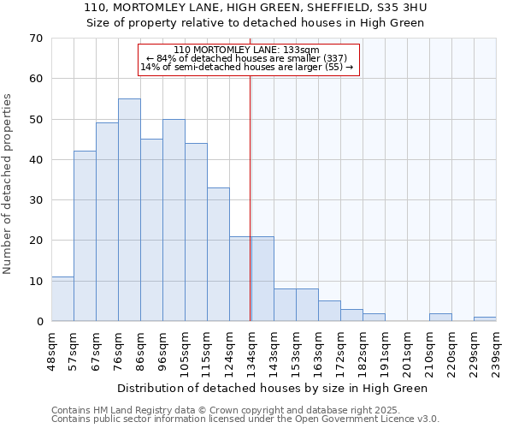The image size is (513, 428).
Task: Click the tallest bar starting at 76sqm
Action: click(129, 210)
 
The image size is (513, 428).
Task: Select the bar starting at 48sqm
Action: click(62, 299)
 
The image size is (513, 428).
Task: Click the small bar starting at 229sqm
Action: click(485, 318)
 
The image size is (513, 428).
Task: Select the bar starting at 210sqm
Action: click(440, 317)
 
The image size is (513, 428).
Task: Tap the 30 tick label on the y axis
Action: click(35, 200)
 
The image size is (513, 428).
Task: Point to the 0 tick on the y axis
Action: click(38, 322)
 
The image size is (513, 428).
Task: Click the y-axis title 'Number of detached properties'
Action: click(8, 184)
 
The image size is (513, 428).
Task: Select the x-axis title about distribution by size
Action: click(272, 388)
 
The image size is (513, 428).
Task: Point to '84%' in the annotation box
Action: click(168, 58)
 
